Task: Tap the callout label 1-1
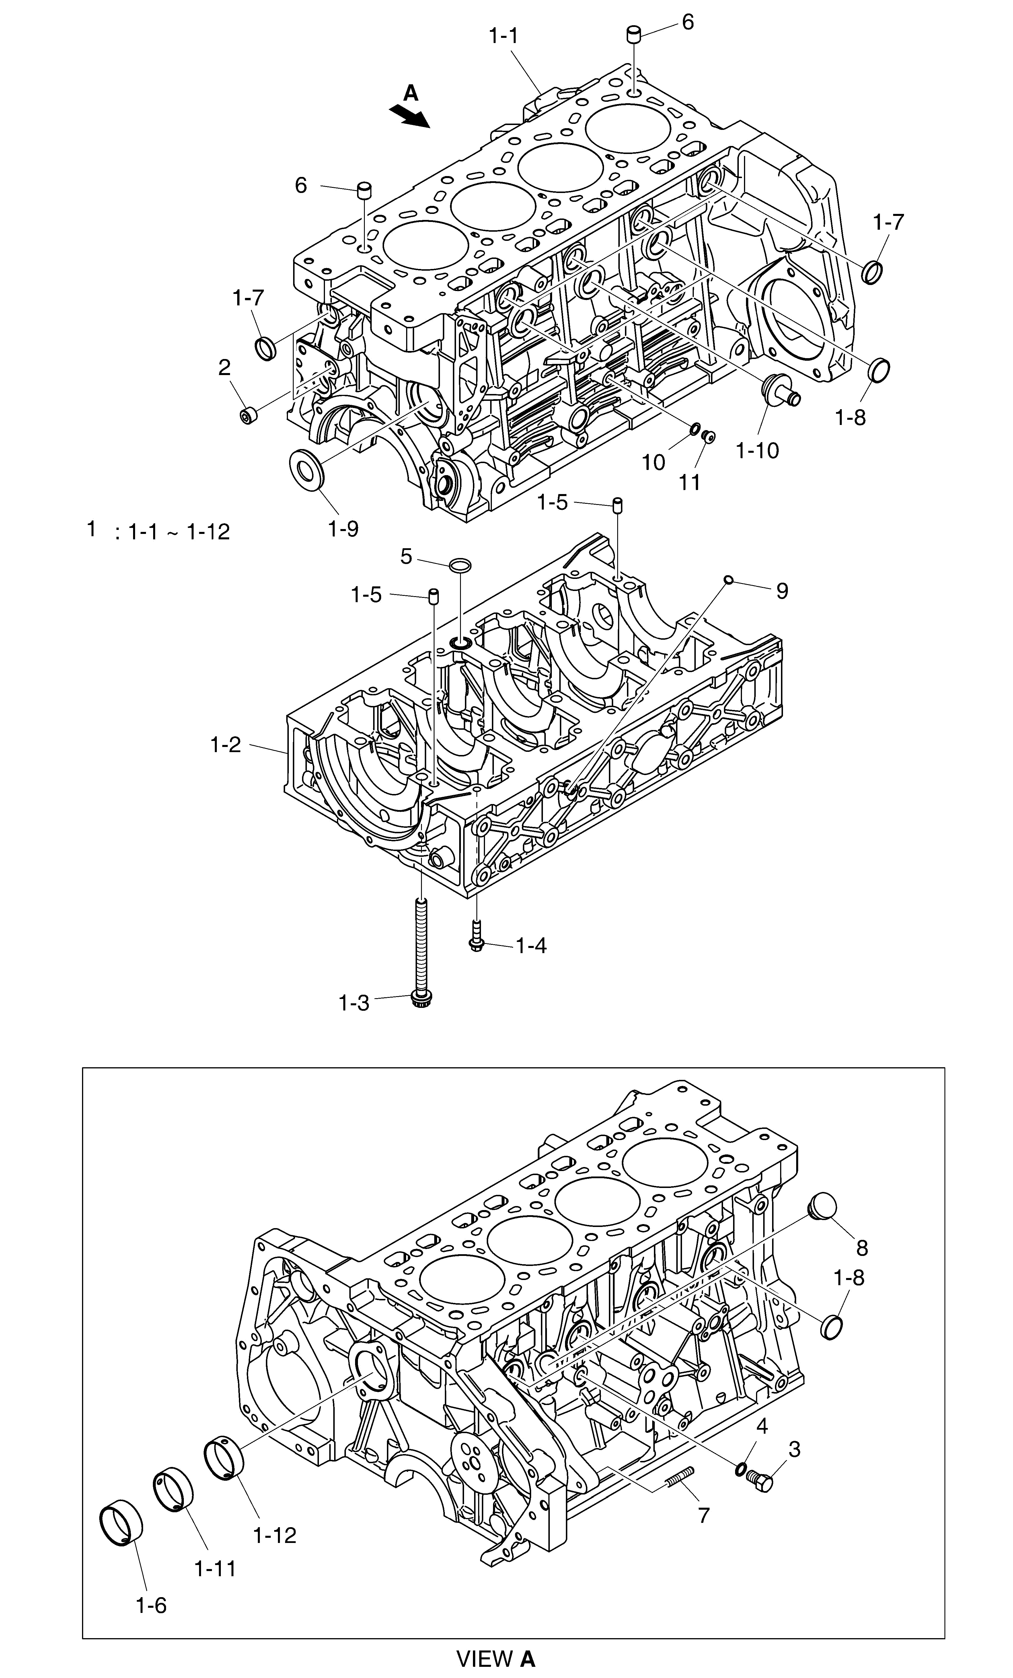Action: tap(503, 36)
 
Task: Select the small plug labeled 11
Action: tap(708, 435)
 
